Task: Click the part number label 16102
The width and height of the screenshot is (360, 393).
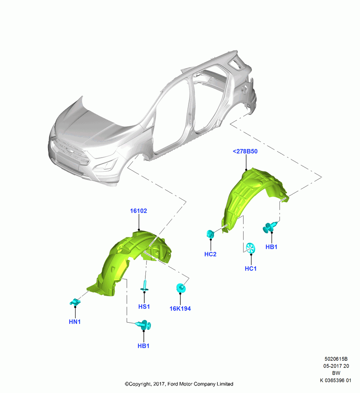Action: (138, 211)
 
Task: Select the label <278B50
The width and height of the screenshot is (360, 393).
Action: (245, 151)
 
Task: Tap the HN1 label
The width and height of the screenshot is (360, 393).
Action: (75, 322)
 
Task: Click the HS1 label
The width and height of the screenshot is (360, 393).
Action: (144, 307)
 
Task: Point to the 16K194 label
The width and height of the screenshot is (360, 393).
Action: (180, 309)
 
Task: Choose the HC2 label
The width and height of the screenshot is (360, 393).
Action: (210, 254)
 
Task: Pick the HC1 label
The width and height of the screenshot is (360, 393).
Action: (250, 269)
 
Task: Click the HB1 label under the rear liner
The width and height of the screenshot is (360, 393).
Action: (271, 247)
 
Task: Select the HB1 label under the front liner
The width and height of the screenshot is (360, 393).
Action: (143, 346)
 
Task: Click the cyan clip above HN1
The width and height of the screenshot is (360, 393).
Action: (75, 302)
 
